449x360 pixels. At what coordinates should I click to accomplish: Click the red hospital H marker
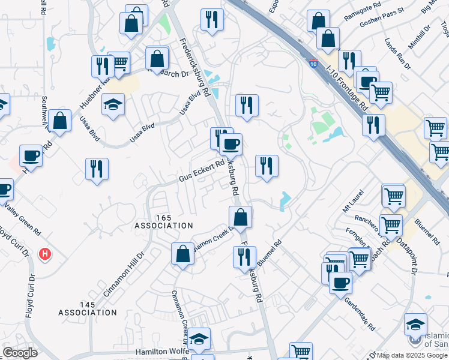[44, 254]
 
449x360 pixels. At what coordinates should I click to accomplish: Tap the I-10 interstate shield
[313, 62]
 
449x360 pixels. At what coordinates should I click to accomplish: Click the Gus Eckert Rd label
[202, 171]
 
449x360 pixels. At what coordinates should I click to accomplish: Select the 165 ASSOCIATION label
[164, 221]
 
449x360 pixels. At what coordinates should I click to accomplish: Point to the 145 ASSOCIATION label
[88, 308]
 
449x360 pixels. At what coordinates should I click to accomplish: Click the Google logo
[20, 353]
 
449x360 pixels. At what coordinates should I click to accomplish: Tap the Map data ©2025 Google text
[412, 355]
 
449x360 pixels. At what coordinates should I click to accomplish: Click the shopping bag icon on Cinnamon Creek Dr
[183, 253]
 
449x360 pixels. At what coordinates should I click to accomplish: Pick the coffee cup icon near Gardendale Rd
[340, 282]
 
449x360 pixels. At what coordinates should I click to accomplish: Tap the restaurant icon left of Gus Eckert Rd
[97, 168]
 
